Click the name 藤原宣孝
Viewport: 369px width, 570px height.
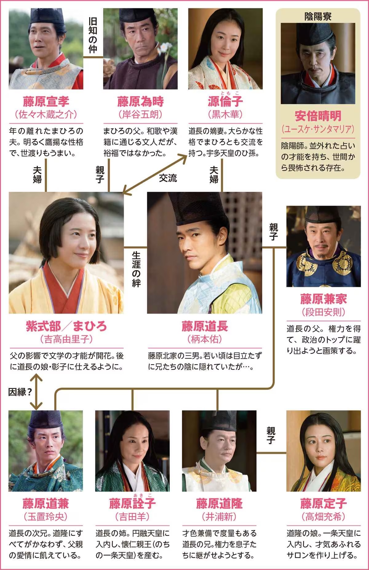coord(46,101)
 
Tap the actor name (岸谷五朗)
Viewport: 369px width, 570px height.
coord(140,114)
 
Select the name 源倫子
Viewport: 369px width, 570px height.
coord(225,101)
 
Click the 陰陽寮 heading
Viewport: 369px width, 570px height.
coord(318,16)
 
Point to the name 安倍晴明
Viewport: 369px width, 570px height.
coord(318,116)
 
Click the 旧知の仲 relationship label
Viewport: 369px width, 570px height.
coord(93,35)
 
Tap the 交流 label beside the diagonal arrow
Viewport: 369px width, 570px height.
coord(168,178)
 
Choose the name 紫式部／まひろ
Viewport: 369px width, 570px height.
coord(66,326)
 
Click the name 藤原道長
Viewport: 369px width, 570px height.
coord(205,326)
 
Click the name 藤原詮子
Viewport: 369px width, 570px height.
coord(132,503)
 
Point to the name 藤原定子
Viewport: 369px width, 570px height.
coord(323,503)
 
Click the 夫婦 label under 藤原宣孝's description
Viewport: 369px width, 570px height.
coord(37,175)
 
